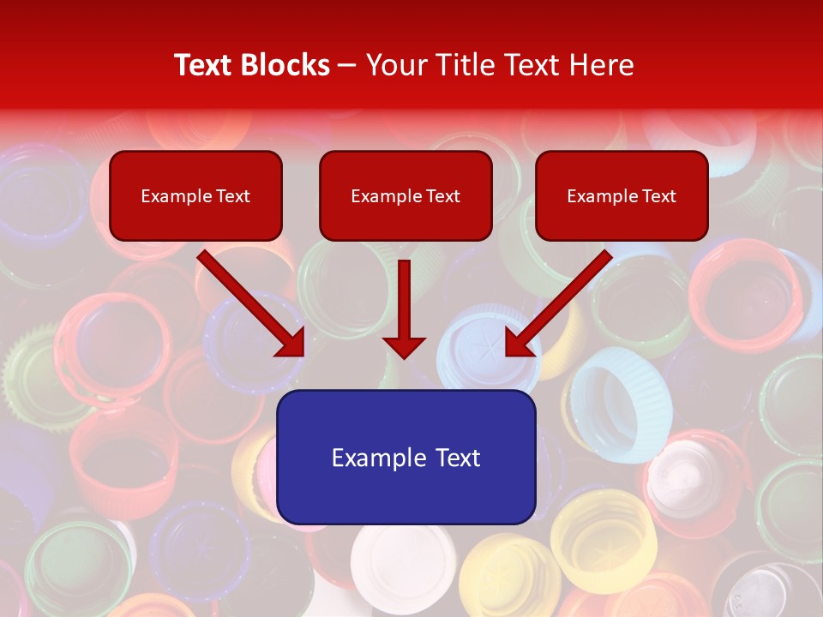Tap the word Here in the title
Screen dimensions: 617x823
pos(602,65)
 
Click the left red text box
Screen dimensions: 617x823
pos(195,196)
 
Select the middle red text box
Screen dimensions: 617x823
pos(405,196)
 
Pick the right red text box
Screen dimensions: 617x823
pos(622,196)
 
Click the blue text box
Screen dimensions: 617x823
pos(405,457)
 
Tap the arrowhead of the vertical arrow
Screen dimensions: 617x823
pos(405,346)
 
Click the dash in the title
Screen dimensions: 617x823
pos(347,65)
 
